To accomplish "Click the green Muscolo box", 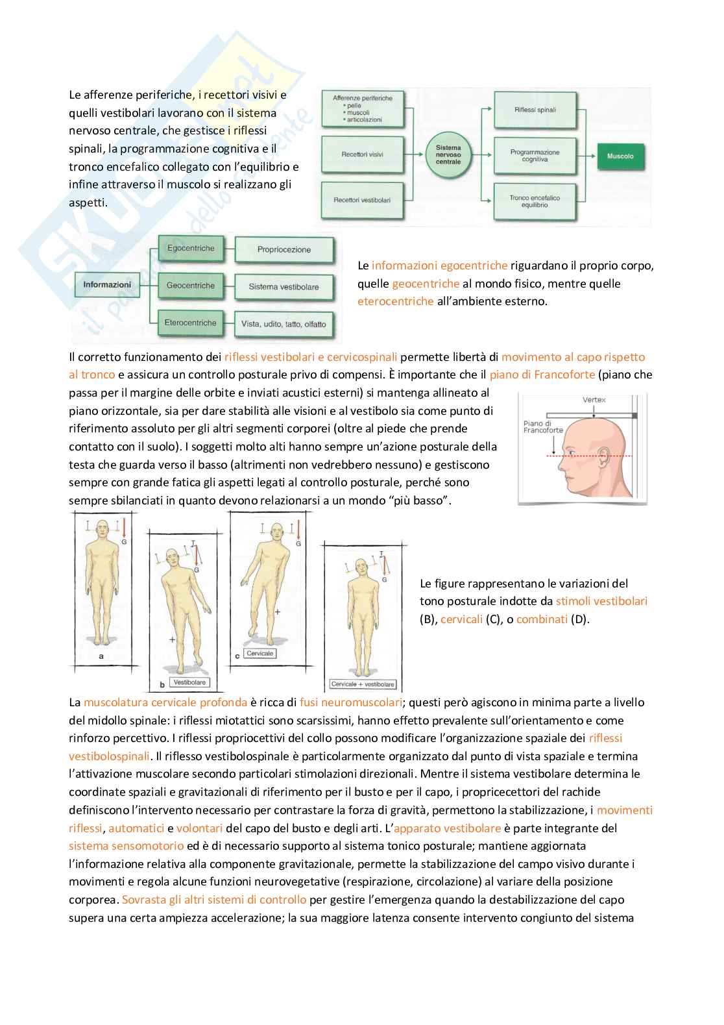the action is coord(620,156).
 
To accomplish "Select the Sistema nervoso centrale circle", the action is coord(448,154).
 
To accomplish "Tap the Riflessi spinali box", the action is coord(535,110).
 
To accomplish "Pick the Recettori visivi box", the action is coord(362,154).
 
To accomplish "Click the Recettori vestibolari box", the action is coord(362,200).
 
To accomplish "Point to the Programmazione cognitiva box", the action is coord(535,156).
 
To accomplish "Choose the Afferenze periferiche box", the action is coord(362,109).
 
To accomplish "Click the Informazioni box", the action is coord(107,284).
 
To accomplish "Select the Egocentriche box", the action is coord(191,249).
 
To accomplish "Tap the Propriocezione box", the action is coord(284,249).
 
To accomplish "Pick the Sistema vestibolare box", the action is coord(284,287).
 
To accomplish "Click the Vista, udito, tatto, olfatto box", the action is coord(284,324).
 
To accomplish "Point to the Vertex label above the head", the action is coord(594,399).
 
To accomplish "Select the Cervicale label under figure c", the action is coord(259,654).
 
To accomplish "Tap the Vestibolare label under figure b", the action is coord(189,682).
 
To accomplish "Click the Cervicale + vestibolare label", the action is coord(363,684).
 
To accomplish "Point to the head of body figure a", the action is coord(102,528).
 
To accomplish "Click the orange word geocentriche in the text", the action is coord(426,284).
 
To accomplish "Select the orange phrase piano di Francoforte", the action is coord(542,375).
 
